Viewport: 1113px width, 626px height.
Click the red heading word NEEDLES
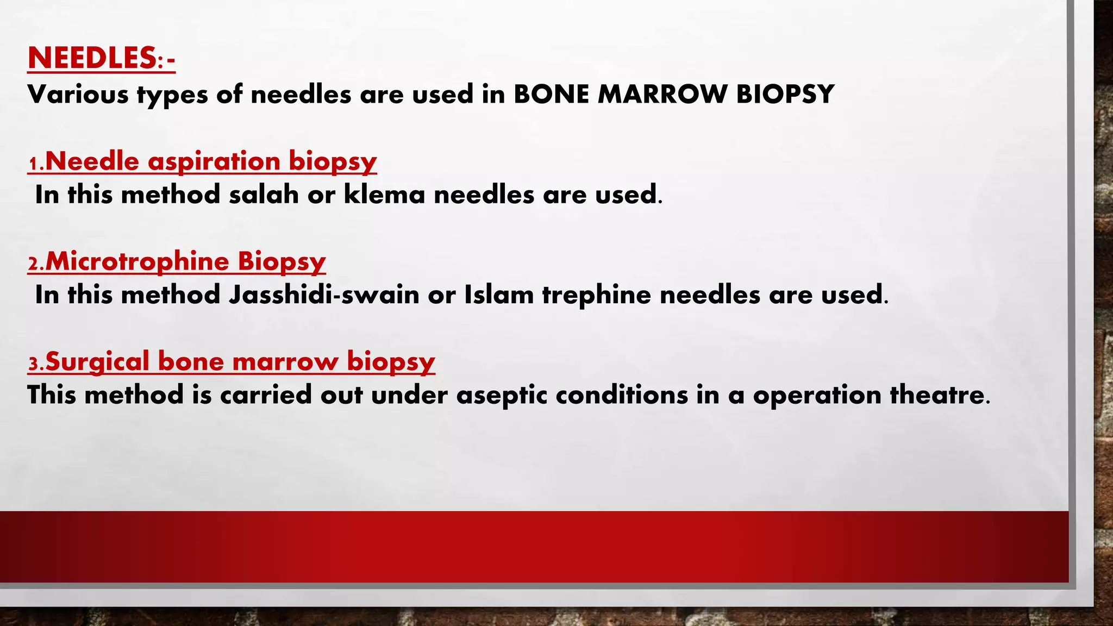click(x=92, y=58)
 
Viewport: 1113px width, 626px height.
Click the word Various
click(x=78, y=94)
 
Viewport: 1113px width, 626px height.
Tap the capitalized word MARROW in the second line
click(x=662, y=94)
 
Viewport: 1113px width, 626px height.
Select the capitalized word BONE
click(x=551, y=94)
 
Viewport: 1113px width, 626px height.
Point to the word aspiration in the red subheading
click(x=214, y=161)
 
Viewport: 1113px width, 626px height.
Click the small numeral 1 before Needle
click(x=34, y=164)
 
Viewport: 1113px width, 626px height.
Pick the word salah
click(x=264, y=195)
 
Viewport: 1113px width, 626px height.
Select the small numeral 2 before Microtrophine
click(x=34, y=264)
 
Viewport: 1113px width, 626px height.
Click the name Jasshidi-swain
click(x=324, y=295)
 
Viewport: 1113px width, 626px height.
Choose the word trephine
click(x=596, y=295)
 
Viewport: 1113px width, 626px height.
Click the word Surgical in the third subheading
click(x=97, y=361)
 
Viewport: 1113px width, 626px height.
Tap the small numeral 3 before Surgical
click(x=34, y=364)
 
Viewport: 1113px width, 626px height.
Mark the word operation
click(x=817, y=395)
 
